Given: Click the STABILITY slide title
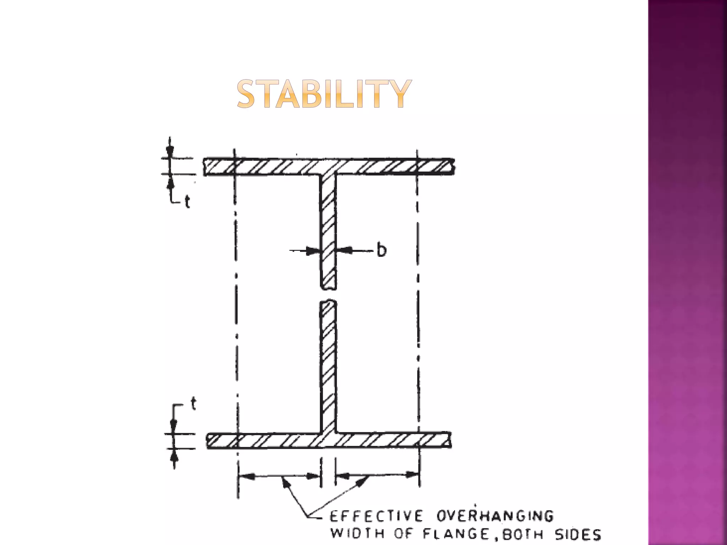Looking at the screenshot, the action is tap(324, 94).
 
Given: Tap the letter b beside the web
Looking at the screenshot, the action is tap(381, 250).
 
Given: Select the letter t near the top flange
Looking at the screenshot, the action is tap(187, 202).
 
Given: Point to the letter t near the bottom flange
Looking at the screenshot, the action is tap(193, 404).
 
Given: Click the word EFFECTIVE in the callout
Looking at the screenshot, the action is tap(377, 516).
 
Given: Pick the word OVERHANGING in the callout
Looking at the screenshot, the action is tap(495, 516).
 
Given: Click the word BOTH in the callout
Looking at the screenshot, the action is tap(522, 534).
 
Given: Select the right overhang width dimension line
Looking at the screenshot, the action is tap(377, 475).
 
